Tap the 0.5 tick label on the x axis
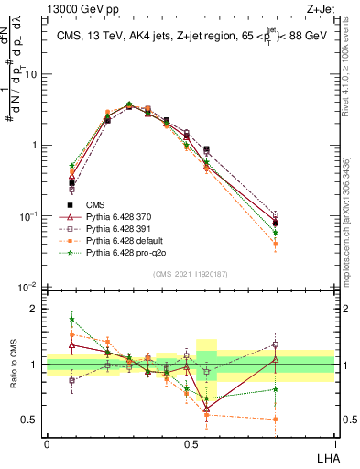tap(191, 443)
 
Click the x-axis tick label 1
tap(333, 443)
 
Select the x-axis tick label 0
tap(47, 443)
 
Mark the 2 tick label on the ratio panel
tap(38, 309)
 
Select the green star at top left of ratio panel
tap(72, 320)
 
